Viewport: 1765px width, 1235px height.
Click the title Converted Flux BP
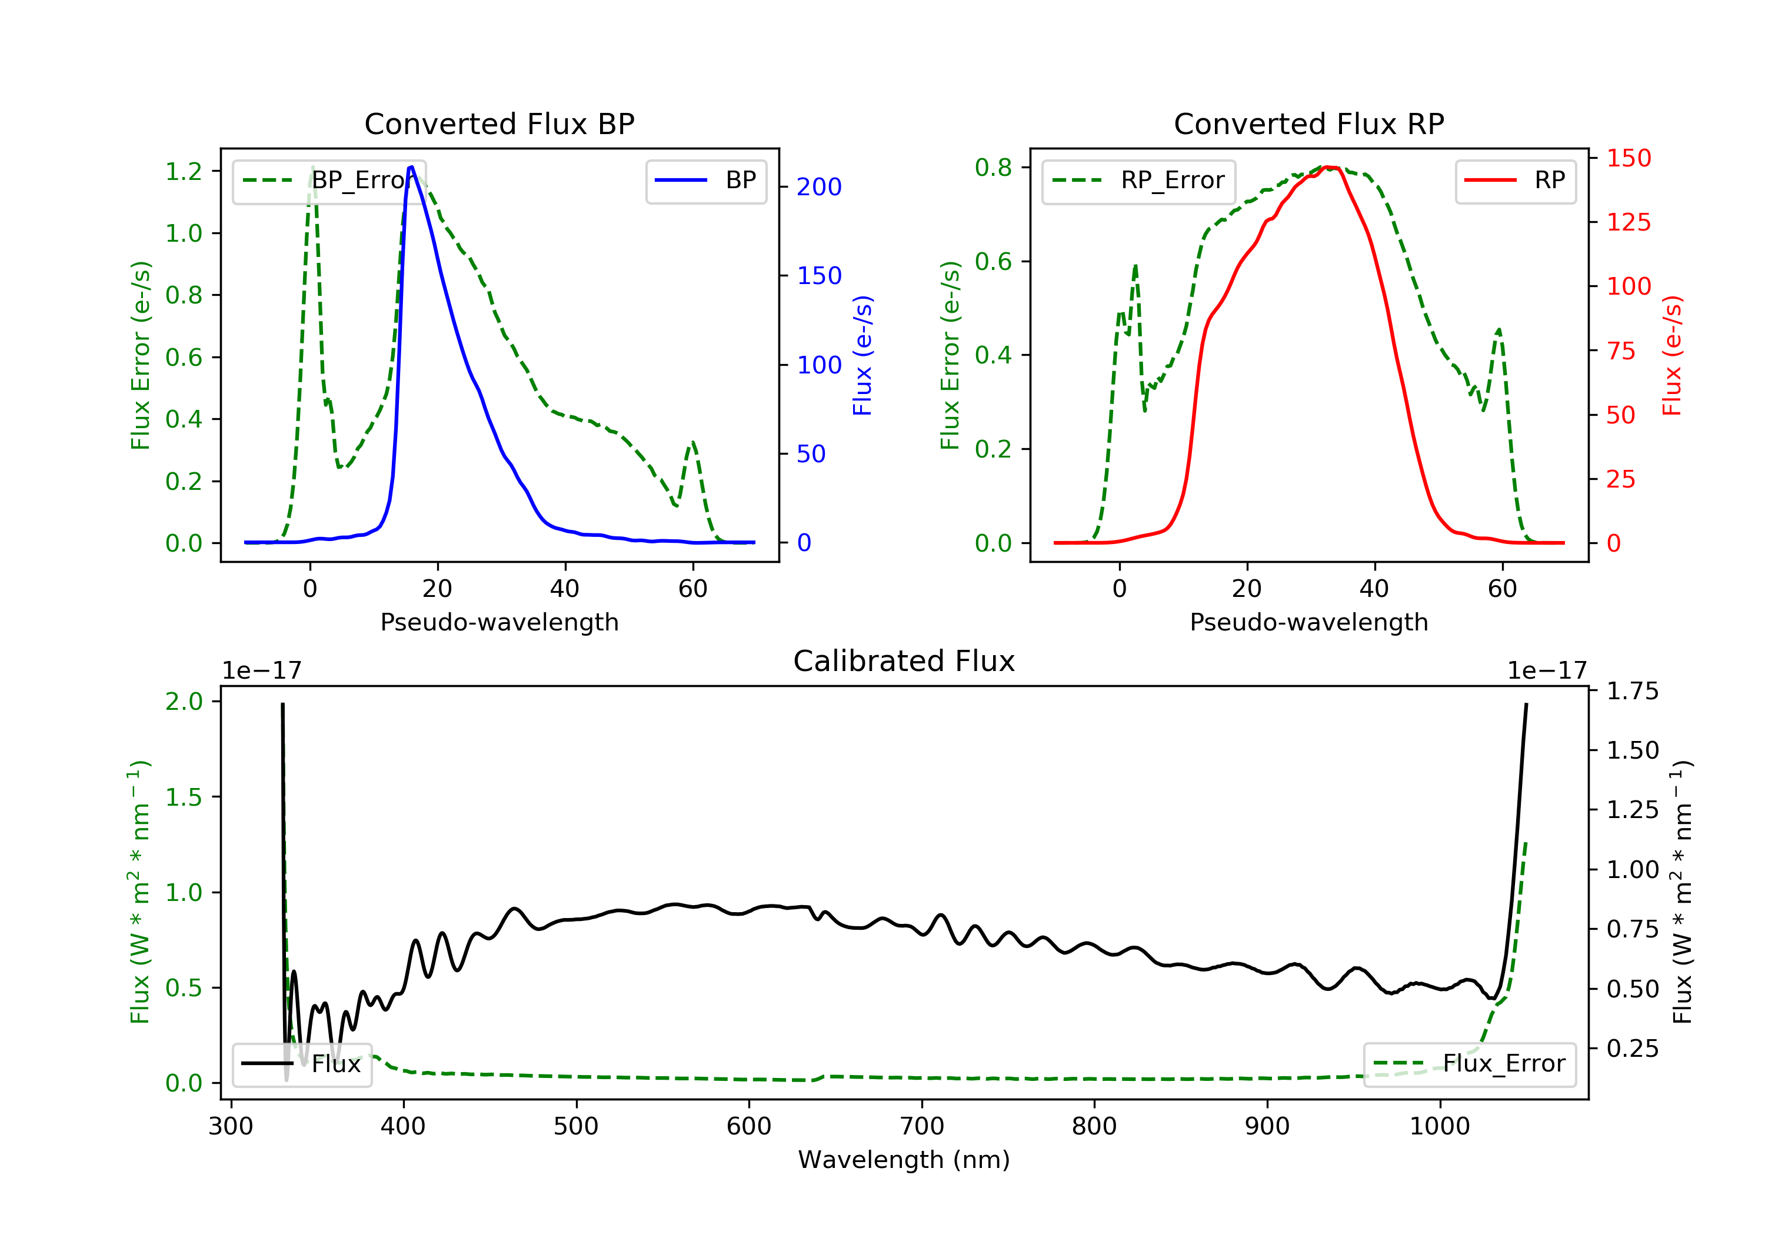tap(499, 123)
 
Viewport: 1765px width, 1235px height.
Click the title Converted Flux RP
tap(1308, 123)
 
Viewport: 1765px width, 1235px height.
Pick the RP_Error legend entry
tap(1138, 181)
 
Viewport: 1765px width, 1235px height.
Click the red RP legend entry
tap(1515, 181)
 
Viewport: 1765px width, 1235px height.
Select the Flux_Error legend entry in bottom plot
tap(1469, 1064)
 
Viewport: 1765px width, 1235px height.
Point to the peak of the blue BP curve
tap(411, 167)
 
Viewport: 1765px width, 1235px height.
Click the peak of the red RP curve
tap(1328, 167)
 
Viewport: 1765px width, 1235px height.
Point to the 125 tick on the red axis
tap(1628, 222)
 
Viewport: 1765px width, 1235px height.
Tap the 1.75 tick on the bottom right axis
tap(1632, 691)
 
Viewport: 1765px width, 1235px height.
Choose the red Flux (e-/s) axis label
tap(1672, 355)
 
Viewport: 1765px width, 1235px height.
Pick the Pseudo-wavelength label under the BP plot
tap(499, 622)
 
